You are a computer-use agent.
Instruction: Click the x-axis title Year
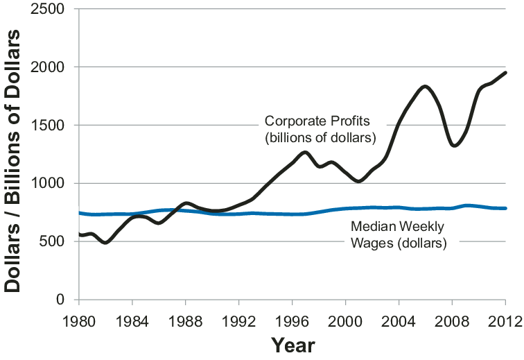click(293, 345)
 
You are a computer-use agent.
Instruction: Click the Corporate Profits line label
click(320, 128)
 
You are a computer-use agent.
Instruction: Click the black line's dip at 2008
click(454, 145)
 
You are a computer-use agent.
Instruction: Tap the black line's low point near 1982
click(105, 242)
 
